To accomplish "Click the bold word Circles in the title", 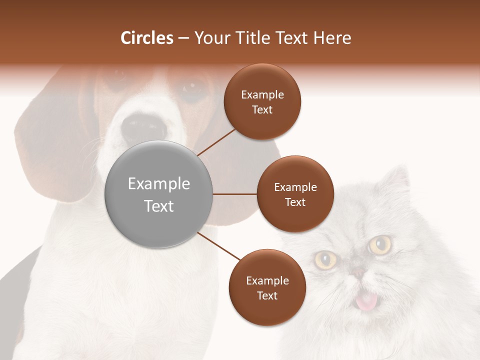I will pyautogui.click(x=147, y=38).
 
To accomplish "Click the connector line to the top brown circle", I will pyautogui.click(x=216, y=142).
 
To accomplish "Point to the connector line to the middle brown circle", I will pyautogui.click(x=235, y=194).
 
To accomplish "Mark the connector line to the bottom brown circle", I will pyautogui.click(x=218, y=246).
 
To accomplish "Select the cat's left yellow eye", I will pyautogui.click(x=325, y=258).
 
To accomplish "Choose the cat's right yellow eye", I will pyautogui.click(x=381, y=244).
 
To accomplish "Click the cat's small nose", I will pyautogui.click(x=358, y=272).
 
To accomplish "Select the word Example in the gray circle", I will pyautogui.click(x=159, y=184).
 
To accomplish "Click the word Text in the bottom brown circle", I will pyautogui.click(x=267, y=295).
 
